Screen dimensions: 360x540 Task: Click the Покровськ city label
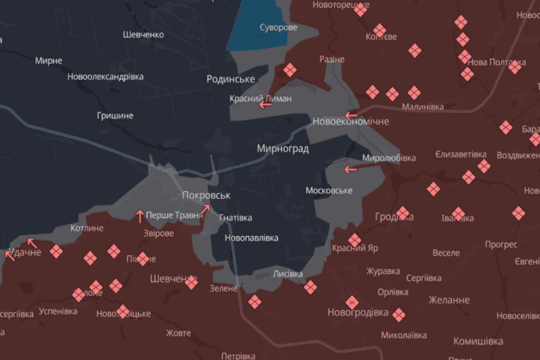point(206,196)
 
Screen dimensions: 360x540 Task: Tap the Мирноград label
point(283,148)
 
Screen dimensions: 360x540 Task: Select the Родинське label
point(231,79)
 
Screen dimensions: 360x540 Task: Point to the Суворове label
point(278,28)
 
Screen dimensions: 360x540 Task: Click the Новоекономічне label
point(350,121)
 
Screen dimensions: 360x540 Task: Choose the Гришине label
point(115,115)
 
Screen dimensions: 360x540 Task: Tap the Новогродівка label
point(357,313)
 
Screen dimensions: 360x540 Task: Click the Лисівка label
point(288,273)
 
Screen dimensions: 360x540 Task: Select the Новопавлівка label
point(252,238)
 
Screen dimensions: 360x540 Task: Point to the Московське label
point(329,190)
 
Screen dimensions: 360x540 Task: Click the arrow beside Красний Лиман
point(266,104)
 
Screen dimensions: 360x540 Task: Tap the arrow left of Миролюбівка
point(351,169)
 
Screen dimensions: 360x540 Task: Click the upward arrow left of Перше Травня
point(140,216)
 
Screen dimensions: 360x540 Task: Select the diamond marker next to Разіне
point(290,70)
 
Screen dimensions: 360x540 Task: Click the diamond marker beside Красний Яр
point(355,240)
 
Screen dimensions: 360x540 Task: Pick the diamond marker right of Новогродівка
point(399,314)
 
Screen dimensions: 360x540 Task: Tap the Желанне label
point(449,300)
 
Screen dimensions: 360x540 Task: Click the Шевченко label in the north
point(143,35)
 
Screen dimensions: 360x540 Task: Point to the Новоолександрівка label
point(105,76)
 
